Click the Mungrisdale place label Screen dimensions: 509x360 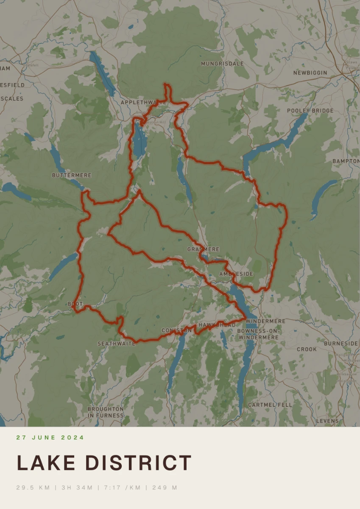tap(222, 64)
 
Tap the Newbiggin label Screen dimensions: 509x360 tap(310, 73)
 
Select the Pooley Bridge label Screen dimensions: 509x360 tap(310, 111)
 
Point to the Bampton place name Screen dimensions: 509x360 tap(346, 162)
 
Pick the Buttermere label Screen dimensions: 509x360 tap(72, 175)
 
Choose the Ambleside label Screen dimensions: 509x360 tap(236, 274)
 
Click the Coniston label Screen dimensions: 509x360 tap(173, 330)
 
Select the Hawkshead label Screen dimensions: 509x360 tap(217, 325)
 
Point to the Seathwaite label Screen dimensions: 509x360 tap(116, 344)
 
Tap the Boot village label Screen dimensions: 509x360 tap(75, 304)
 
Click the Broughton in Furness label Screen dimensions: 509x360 tap(106, 412)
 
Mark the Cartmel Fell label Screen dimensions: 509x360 tap(270, 405)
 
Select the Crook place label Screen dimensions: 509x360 tap(307, 349)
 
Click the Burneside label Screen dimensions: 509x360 tap(341, 343)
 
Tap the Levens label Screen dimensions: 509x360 tap(328, 421)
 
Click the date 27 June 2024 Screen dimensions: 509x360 tap(50, 437)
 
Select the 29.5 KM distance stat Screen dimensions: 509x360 tap(33, 487)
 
